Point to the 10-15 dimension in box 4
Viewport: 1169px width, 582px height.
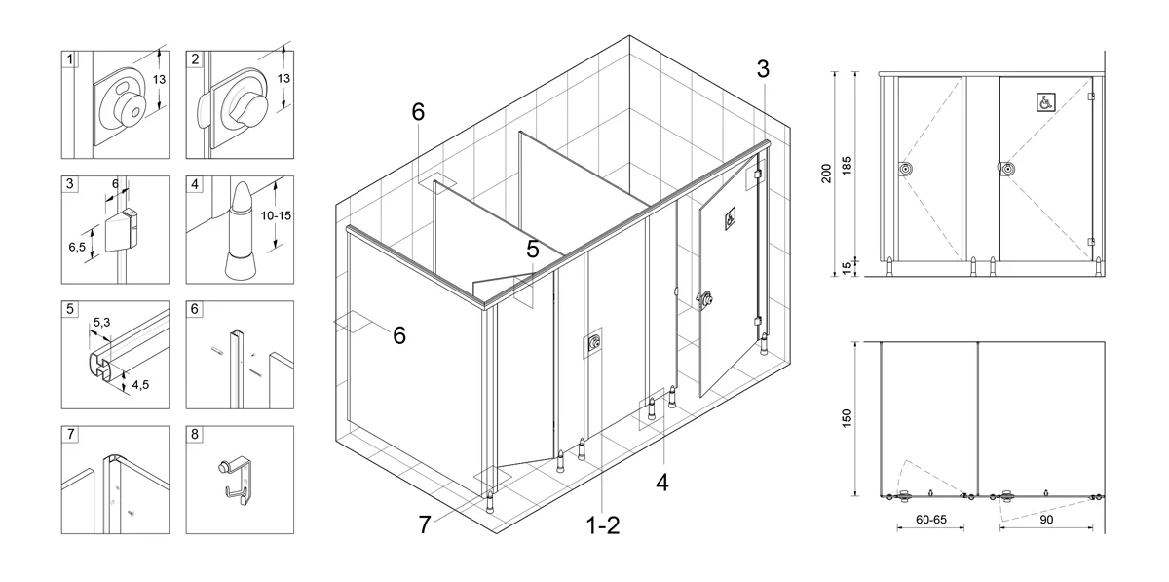(x=276, y=215)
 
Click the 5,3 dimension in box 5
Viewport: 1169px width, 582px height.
(x=101, y=323)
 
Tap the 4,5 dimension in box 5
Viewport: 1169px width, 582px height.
(x=140, y=385)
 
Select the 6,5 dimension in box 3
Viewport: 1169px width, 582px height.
(x=77, y=247)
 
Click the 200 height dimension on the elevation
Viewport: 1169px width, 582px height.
(x=826, y=174)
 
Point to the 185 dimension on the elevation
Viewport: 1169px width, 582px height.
(x=847, y=166)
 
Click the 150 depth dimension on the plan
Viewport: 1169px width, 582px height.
(x=847, y=418)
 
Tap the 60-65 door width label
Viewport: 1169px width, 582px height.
(x=931, y=520)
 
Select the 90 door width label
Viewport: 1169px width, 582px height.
(x=1046, y=520)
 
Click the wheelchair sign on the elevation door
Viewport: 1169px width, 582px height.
(x=1046, y=102)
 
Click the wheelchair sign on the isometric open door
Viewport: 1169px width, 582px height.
(x=730, y=218)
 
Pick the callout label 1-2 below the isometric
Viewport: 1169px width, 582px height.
(x=603, y=525)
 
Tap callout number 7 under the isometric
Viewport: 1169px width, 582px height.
(x=425, y=525)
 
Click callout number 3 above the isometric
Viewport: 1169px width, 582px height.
(x=763, y=69)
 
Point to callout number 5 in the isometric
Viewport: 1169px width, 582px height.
(x=532, y=250)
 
